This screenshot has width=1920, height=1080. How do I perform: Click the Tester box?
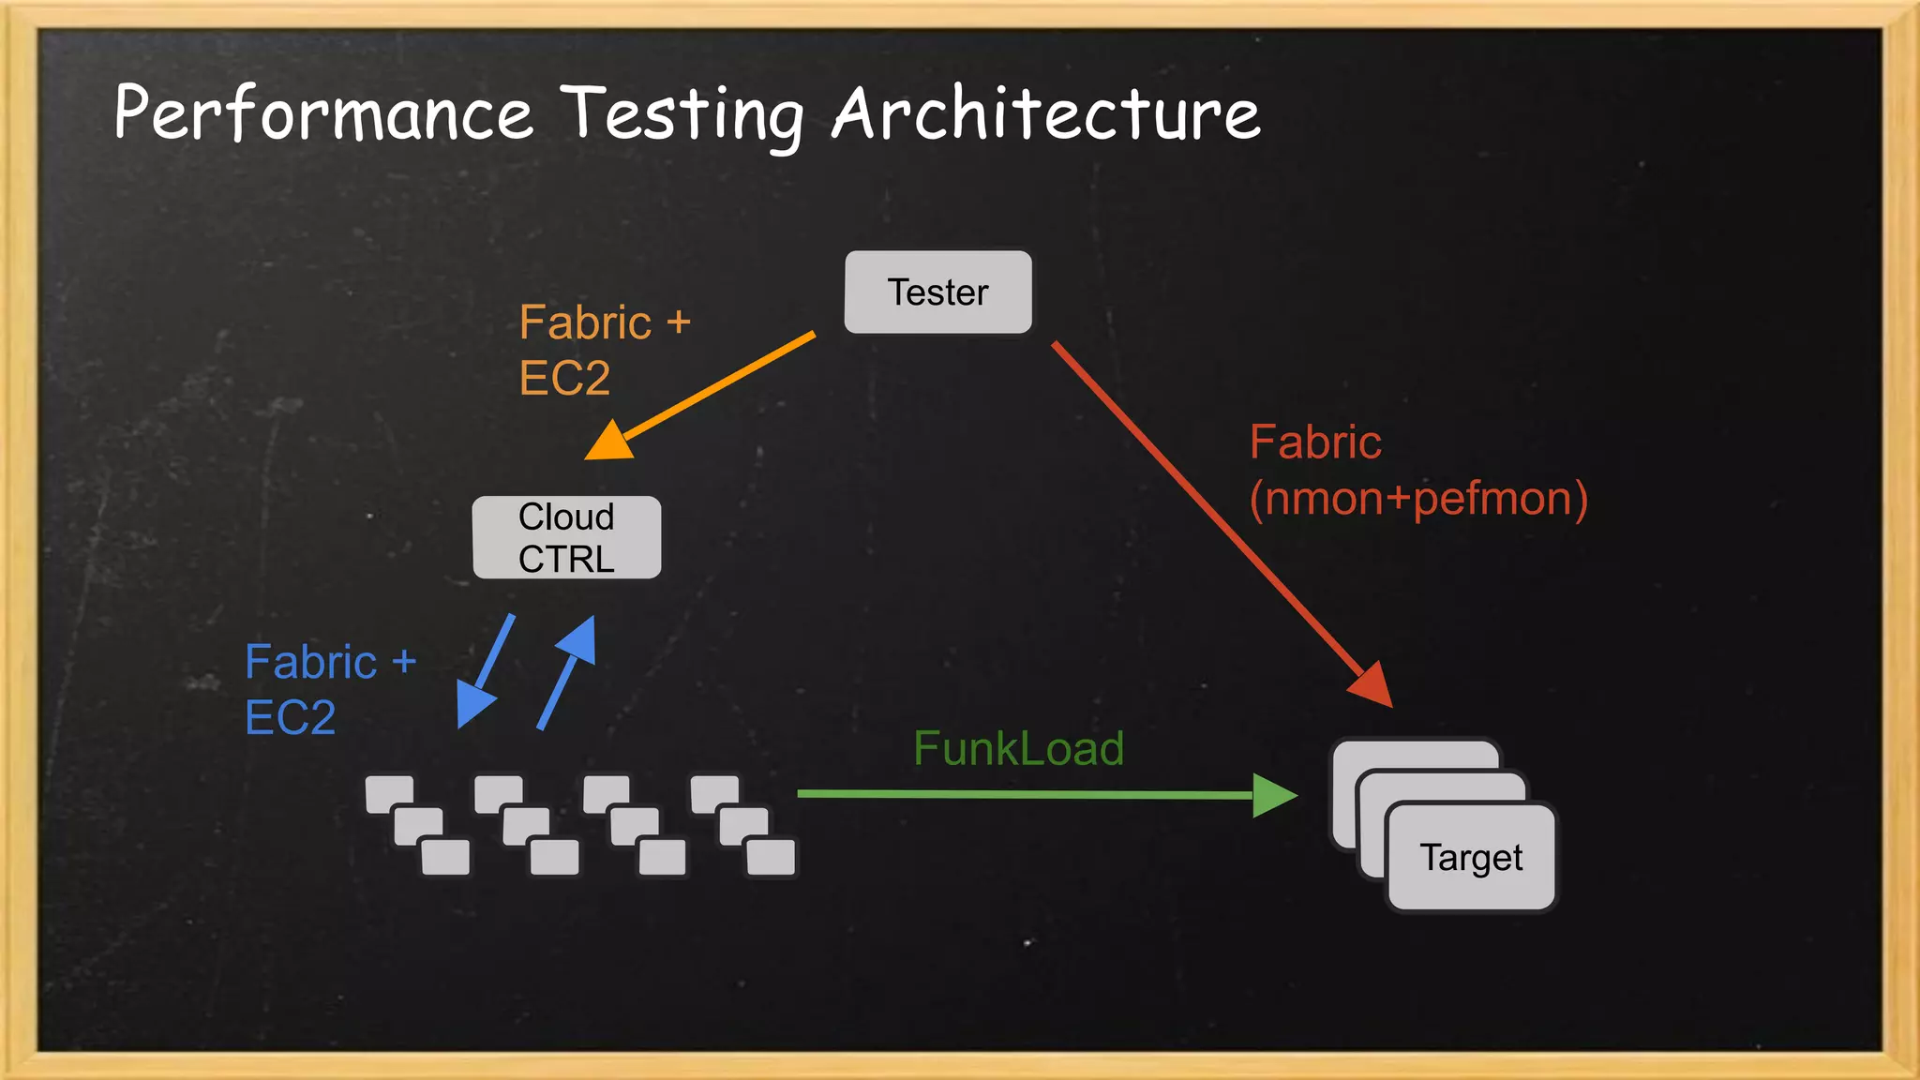coord(937,292)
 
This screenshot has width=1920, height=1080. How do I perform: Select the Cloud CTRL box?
coord(566,537)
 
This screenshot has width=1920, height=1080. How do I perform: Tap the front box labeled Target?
coord(1471,857)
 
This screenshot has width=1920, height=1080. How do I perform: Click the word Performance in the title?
coord(323,113)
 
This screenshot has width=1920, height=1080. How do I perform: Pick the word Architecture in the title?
coord(1045,113)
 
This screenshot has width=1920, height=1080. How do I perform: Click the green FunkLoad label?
coord(1018,748)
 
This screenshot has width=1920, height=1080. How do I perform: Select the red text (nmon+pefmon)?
coord(1418,498)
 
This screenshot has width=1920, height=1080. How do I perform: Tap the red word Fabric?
coord(1315,442)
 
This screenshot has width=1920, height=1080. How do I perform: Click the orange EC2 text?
coord(564,379)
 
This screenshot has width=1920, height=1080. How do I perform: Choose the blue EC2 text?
coord(290,718)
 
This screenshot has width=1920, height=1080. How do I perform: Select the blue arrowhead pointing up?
coord(578,639)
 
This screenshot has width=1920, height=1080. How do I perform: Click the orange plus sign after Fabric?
coord(679,322)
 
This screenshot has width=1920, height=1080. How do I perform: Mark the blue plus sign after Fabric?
coord(404,662)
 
